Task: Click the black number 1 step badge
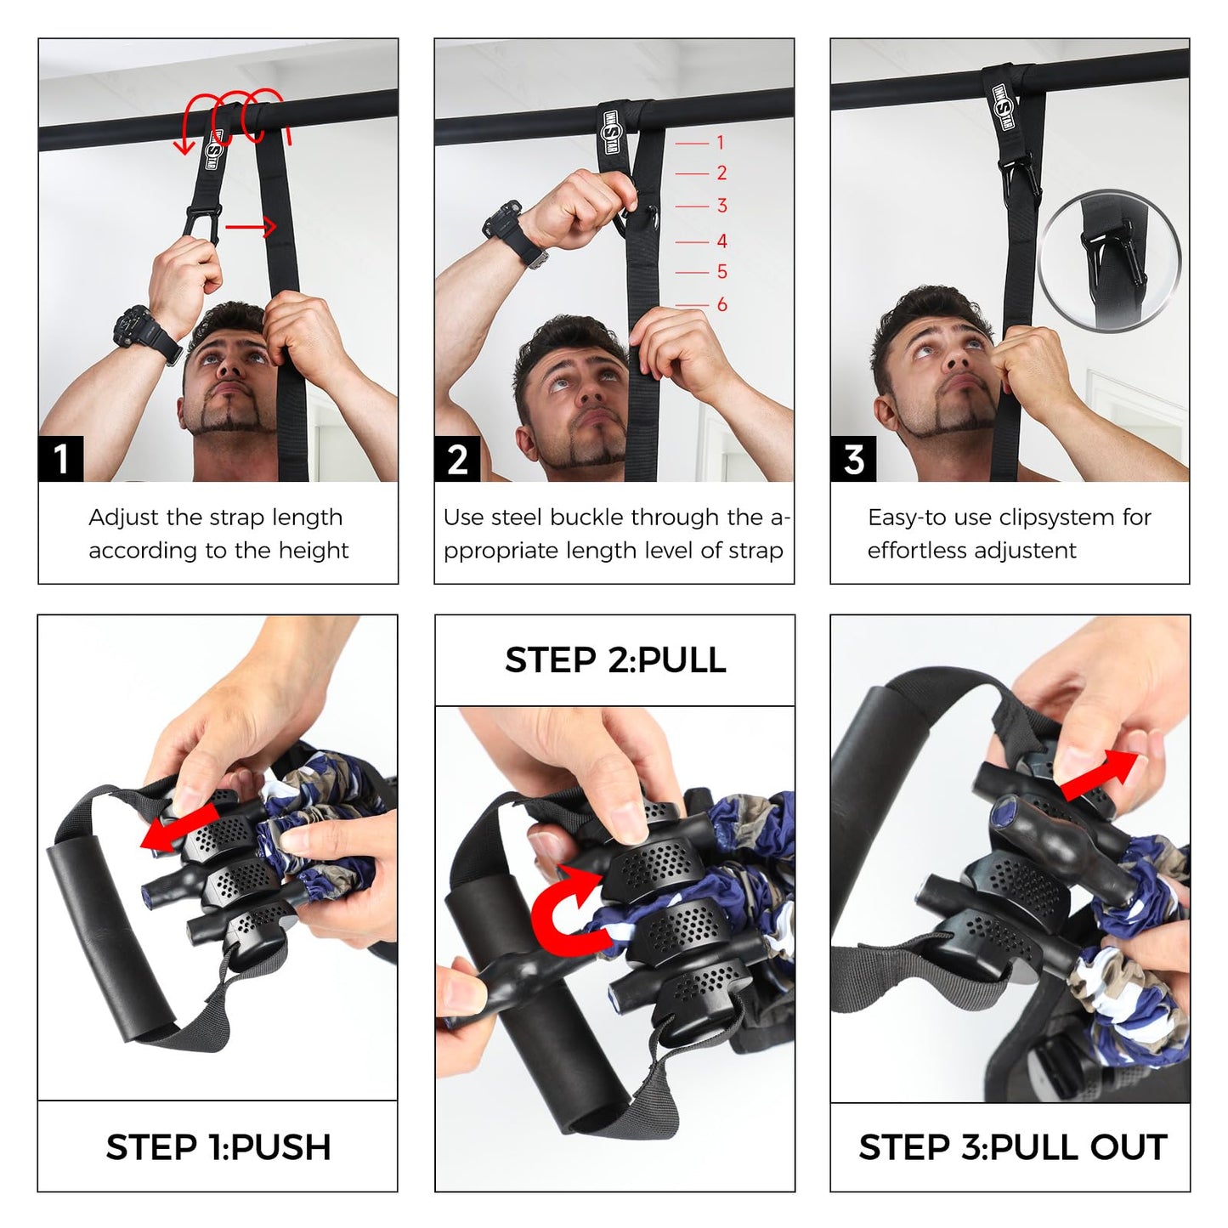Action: click(x=60, y=458)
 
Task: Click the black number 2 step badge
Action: click(x=457, y=458)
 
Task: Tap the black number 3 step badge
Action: click(x=853, y=458)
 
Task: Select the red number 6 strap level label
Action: click(x=722, y=304)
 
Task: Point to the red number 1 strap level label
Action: click(x=721, y=142)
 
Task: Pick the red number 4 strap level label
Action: click(x=722, y=241)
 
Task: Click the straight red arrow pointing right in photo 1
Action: click(x=251, y=226)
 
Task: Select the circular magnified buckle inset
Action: click(x=1109, y=261)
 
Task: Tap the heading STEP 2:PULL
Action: click(x=615, y=660)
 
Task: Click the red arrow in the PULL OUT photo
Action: click(x=1100, y=773)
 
